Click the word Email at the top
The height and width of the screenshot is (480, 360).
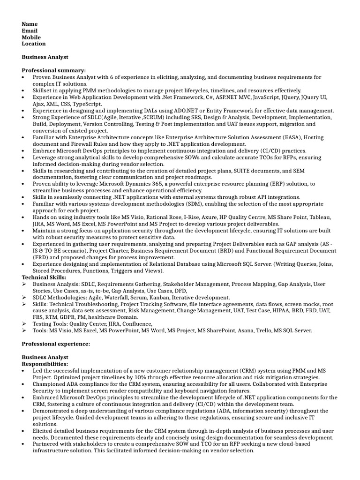click(x=30, y=30)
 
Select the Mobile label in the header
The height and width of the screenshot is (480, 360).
click(x=31, y=37)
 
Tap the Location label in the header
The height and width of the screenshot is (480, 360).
click(x=34, y=44)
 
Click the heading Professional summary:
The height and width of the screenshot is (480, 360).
click(x=54, y=70)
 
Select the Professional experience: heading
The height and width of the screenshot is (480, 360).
click(x=56, y=344)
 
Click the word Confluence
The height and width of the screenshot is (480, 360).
click(x=136, y=324)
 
